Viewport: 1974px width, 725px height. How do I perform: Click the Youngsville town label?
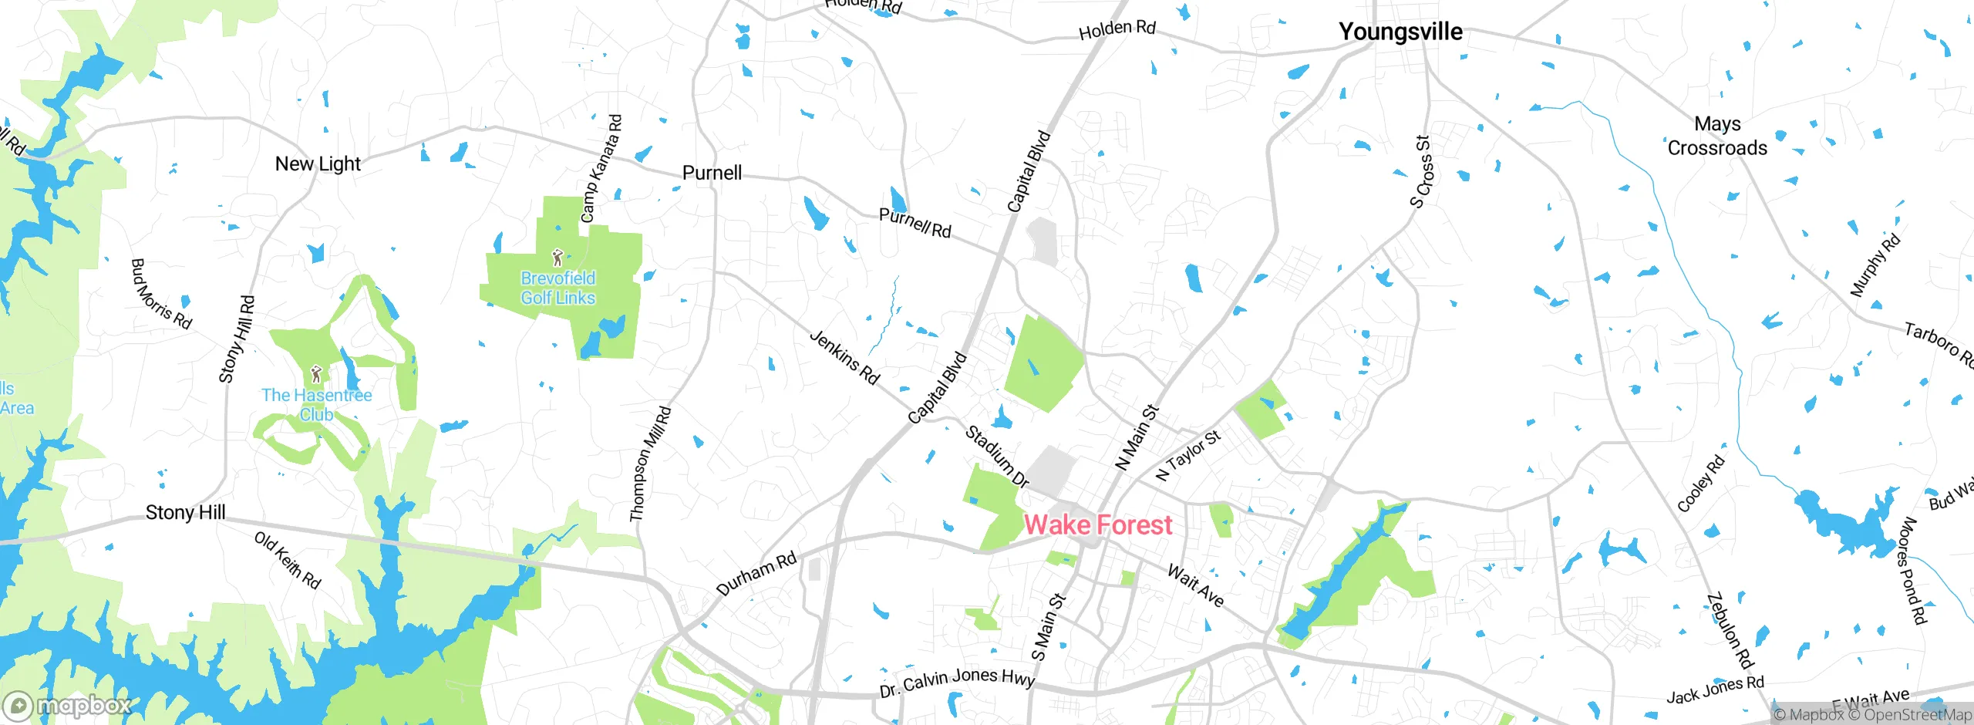(1400, 32)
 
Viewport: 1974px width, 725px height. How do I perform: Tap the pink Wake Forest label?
(1098, 525)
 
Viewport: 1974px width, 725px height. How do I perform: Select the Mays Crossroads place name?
(1717, 136)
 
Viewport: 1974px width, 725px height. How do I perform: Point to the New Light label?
(318, 164)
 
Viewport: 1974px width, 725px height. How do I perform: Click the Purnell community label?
(712, 173)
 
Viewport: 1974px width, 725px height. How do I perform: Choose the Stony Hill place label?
(185, 512)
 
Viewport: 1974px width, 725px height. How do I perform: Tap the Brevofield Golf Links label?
(558, 288)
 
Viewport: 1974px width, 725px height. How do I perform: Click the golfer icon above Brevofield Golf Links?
(558, 257)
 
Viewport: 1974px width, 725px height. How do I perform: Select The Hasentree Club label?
(316, 404)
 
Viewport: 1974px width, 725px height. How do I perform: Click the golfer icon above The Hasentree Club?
(316, 374)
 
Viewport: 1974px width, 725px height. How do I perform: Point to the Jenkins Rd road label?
(845, 357)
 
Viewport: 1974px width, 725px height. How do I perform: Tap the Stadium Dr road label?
(997, 457)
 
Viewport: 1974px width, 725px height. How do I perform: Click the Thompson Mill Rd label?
(650, 464)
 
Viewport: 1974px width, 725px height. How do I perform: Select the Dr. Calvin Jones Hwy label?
(957, 681)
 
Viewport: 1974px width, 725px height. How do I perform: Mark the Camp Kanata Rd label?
(601, 169)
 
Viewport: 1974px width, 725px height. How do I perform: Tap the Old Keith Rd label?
(288, 560)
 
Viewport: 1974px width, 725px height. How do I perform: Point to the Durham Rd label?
(756, 574)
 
